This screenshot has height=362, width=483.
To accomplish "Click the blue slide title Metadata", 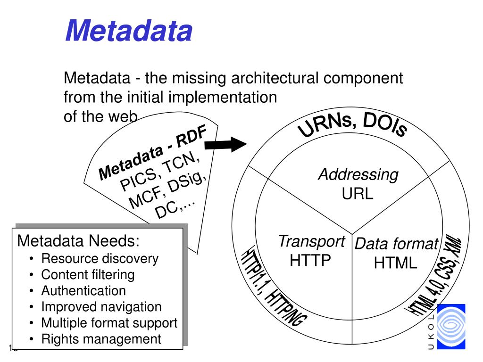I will [x=128, y=32].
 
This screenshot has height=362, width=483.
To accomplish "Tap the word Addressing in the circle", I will [x=358, y=175].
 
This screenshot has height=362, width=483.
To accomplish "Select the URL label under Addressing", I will [x=358, y=193].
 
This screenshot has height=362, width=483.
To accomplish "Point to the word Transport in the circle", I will [x=311, y=241].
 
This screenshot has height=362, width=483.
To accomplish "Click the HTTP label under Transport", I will [x=310, y=260].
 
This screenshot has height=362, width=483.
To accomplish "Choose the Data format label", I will [x=396, y=244].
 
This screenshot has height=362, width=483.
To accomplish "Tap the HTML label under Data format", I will [x=396, y=263].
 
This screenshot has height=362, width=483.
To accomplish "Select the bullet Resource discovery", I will [x=100, y=259].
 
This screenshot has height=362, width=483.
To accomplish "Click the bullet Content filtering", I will [x=88, y=275].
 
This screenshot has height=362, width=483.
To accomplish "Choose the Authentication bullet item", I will [x=83, y=291].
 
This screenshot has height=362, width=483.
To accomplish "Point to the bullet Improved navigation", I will [x=101, y=307].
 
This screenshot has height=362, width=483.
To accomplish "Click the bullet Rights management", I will [x=101, y=339].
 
